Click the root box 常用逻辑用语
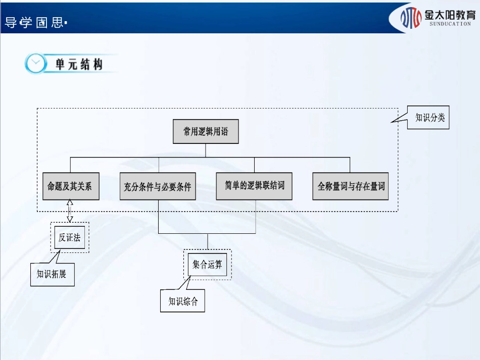206,132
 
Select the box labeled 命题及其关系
70,186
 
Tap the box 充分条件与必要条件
158,186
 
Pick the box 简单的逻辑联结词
254,186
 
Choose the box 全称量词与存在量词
351,186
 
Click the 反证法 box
70,237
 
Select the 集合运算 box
207,264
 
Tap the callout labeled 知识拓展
52,275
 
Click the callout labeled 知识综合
183,301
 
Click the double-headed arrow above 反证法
70,211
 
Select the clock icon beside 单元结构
35,64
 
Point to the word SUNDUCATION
450,24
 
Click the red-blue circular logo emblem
411,18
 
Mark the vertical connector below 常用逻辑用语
206,150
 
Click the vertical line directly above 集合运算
207,241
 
